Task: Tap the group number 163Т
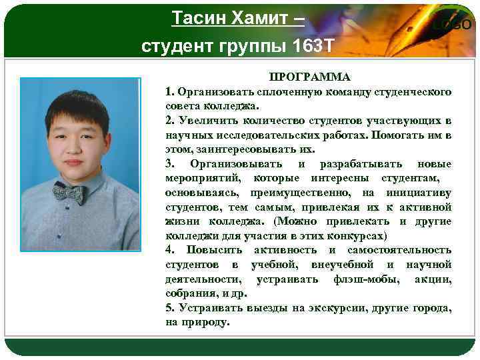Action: (311, 46)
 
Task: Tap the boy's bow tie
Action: (69, 193)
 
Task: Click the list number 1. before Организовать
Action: (171, 91)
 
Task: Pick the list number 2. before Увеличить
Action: (171, 121)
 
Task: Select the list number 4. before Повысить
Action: (171, 250)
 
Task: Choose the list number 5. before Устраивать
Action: (171, 308)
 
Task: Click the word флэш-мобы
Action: (364, 279)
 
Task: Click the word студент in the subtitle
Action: (175, 46)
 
